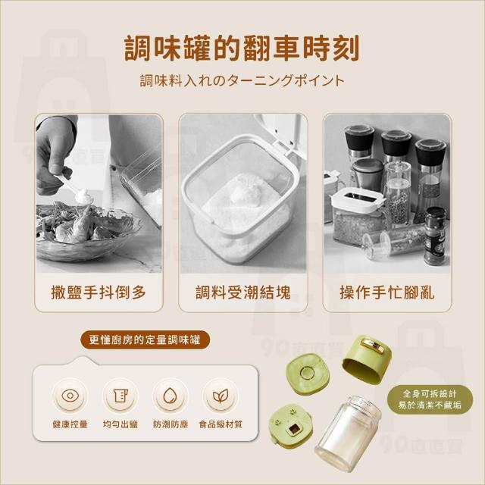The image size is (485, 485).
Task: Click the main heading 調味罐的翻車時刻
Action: point(242,48)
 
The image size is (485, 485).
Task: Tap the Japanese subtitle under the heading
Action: point(242,81)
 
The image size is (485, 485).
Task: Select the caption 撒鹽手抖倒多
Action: point(99,293)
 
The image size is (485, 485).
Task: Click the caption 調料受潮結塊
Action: point(242,293)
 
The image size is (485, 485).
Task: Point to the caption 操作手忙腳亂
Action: point(387,293)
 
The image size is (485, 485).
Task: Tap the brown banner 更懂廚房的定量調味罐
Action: point(145,340)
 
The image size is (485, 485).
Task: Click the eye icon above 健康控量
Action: point(70,396)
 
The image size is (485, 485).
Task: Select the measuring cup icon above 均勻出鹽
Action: point(120,396)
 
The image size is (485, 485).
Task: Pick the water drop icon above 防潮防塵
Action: point(170,396)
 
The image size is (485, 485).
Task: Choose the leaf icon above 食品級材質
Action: point(221,396)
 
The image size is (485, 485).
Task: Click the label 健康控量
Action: point(70,424)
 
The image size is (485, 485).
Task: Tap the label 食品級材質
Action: point(221,424)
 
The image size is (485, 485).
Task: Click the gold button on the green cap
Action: point(373,346)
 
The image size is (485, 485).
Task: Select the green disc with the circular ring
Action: point(306,374)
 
